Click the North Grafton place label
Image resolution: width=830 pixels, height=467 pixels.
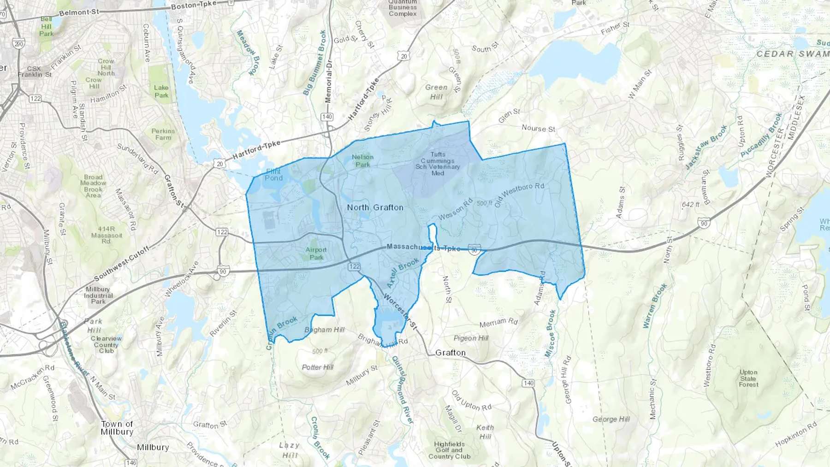(x=375, y=207)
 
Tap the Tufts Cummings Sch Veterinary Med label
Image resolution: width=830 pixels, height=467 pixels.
(x=438, y=164)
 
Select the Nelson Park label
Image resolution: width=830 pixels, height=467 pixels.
(x=362, y=160)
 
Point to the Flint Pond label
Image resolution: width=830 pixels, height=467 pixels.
(x=273, y=174)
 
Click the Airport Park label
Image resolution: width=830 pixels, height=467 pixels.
(x=316, y=254)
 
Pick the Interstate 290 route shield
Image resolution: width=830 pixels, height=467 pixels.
(x=18, y=44)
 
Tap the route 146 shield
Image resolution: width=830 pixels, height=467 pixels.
(x=131, y=462)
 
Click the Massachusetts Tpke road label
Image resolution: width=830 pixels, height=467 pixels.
(x=423, y=248)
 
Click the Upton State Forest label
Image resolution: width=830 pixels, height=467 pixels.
(x=748, y=378)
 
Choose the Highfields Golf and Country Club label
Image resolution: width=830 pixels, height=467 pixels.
(x=449, y=450)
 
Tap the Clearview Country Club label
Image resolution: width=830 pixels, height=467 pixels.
(x=106, y=344)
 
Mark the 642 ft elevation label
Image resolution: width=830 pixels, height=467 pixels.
(x=690, y=204)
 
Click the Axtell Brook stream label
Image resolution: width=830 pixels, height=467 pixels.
(x=403, y=272)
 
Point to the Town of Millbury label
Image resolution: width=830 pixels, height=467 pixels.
(x=117, y=428)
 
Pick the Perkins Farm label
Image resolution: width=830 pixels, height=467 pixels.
(x=163, y=134)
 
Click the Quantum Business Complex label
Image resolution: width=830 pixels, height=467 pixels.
(x=403, y=8)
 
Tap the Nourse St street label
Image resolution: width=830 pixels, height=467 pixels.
(x=538, y=128)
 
